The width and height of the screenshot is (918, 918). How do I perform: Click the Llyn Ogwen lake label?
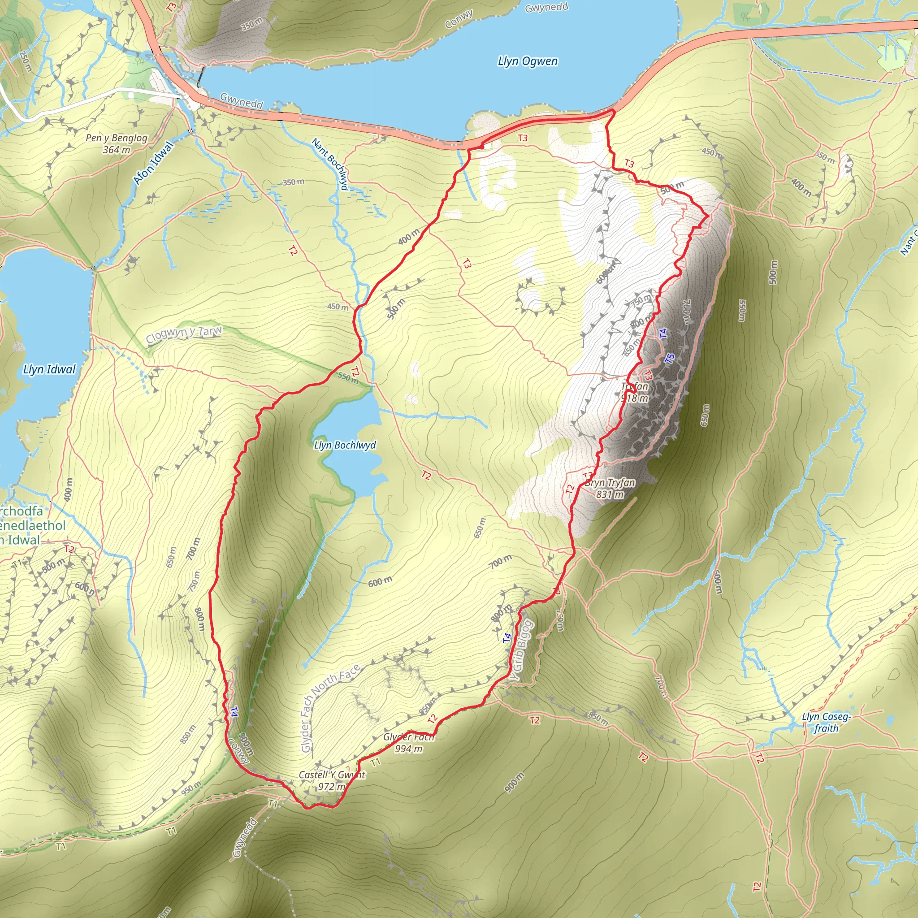(528, 61)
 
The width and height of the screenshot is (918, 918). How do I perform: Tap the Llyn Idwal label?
(49, 369)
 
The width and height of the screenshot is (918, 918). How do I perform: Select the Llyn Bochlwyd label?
(345, 445)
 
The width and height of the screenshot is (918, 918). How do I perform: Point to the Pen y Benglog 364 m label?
(117, 143)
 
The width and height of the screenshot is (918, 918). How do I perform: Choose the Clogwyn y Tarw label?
(184, 334)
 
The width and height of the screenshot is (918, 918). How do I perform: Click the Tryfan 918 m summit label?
(635, 393)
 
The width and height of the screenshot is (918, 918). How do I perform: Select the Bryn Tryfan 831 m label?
(610, 489)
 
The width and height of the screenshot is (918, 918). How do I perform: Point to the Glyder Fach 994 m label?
(409, 743)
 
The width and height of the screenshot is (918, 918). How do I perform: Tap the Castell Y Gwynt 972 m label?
(332, 781)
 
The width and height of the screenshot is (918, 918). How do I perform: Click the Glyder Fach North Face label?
(330, 707)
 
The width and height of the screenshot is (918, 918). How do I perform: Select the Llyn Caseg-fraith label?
(826, 722)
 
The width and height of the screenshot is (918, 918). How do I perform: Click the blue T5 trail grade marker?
(670, 359)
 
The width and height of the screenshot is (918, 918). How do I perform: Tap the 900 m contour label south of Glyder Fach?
(514, 783)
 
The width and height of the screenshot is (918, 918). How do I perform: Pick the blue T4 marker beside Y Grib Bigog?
(507, 638)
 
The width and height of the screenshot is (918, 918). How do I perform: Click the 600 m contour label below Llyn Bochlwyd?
(380, 581)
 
